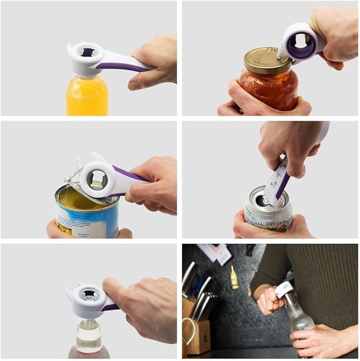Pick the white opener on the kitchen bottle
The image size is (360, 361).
pyautogui.click(x=284, y=289)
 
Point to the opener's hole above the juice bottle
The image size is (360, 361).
pyautogui.click(x=87, y=52)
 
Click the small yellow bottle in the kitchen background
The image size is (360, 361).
pyautogui.click(x=234, y=279)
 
